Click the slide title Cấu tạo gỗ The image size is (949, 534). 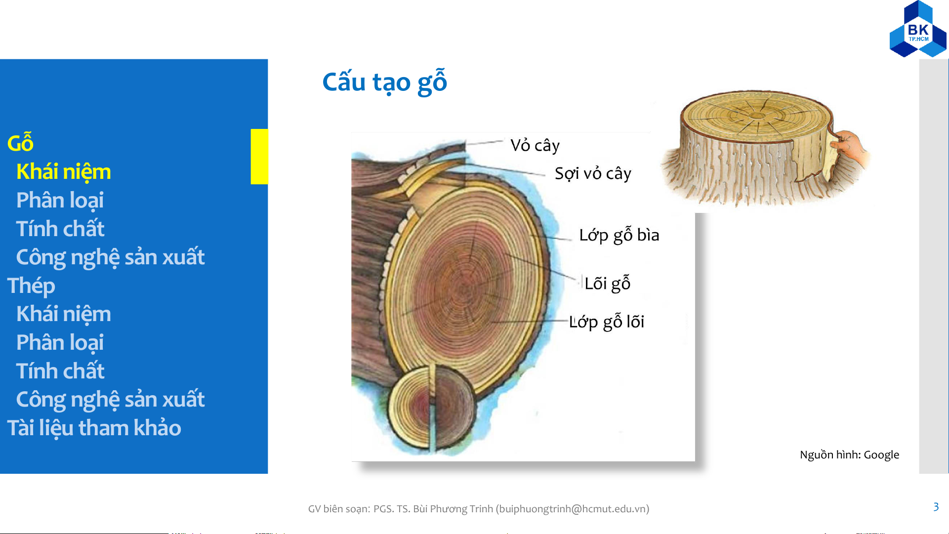click(384, 82)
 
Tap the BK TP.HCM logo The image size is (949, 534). click(918, 29)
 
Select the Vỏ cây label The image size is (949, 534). click(535, 145)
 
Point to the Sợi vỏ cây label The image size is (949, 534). click(593, 173)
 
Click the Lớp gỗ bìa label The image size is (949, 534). click(619, 235)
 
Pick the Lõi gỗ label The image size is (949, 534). click(607, 283)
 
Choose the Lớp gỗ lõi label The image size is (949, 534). click(607, 322)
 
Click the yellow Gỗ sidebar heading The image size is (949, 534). click(20, 143)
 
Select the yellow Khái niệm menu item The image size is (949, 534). click(63, 172)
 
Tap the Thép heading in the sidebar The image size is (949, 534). click(31, 286)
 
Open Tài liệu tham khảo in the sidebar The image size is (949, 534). click(94, 428)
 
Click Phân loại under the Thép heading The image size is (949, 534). click(60, 343)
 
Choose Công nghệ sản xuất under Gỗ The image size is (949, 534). click(110, 257)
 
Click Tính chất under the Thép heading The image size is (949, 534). click(60, 371)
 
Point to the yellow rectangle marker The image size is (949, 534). click(259, 157)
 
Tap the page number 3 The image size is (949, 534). click(936, 507)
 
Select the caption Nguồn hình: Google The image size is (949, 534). click(849, 454)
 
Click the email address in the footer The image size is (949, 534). click(573, 509)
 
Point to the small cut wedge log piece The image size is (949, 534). click(433, 408)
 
